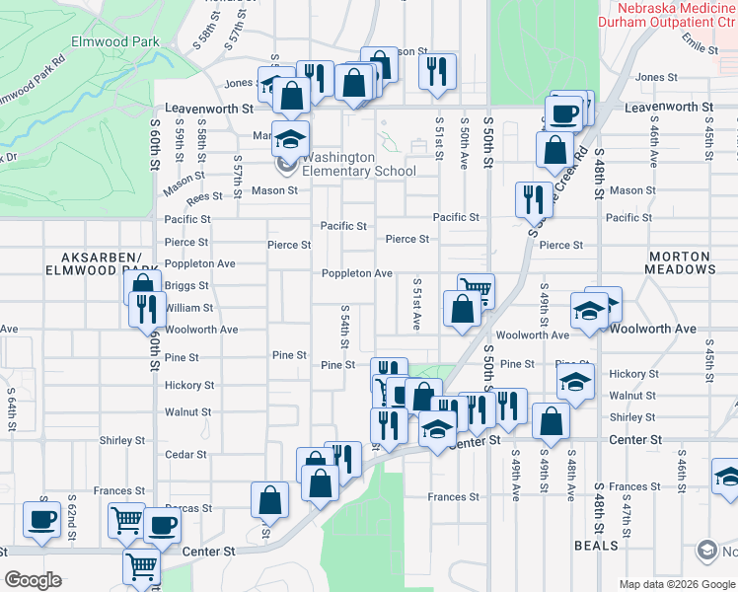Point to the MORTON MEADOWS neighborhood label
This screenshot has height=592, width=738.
[682, 262]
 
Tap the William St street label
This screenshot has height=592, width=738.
[188, 309]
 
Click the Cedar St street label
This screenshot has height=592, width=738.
[186, 455]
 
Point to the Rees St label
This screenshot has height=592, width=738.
[205, 197]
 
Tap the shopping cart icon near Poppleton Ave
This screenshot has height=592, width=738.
[476, 289]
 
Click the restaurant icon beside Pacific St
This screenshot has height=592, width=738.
[534, 197]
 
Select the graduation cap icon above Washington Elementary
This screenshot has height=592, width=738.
[291, 138]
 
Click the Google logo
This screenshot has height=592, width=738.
[33, 580]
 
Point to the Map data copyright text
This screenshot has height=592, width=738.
[677, 584]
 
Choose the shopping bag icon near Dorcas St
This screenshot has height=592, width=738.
[269, 500]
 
